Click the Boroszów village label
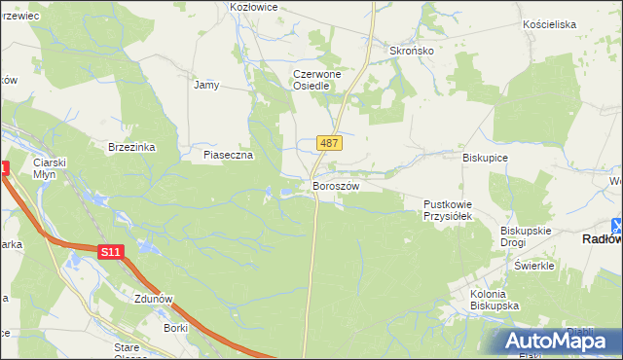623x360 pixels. coord(336,186)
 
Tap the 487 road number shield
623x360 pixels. coord(329,143)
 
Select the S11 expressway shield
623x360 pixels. coord(111,253)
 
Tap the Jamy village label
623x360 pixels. coord(206,85)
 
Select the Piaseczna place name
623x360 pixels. coord(228,155)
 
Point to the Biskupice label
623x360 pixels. coord(486,156)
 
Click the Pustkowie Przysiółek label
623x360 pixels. coord(448,210)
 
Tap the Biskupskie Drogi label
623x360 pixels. coord(526,236)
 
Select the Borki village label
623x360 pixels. coord(176,329)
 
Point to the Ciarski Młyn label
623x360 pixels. coord(48,167)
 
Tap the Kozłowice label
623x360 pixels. coord(253,7)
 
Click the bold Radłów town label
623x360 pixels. coord(601,238)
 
